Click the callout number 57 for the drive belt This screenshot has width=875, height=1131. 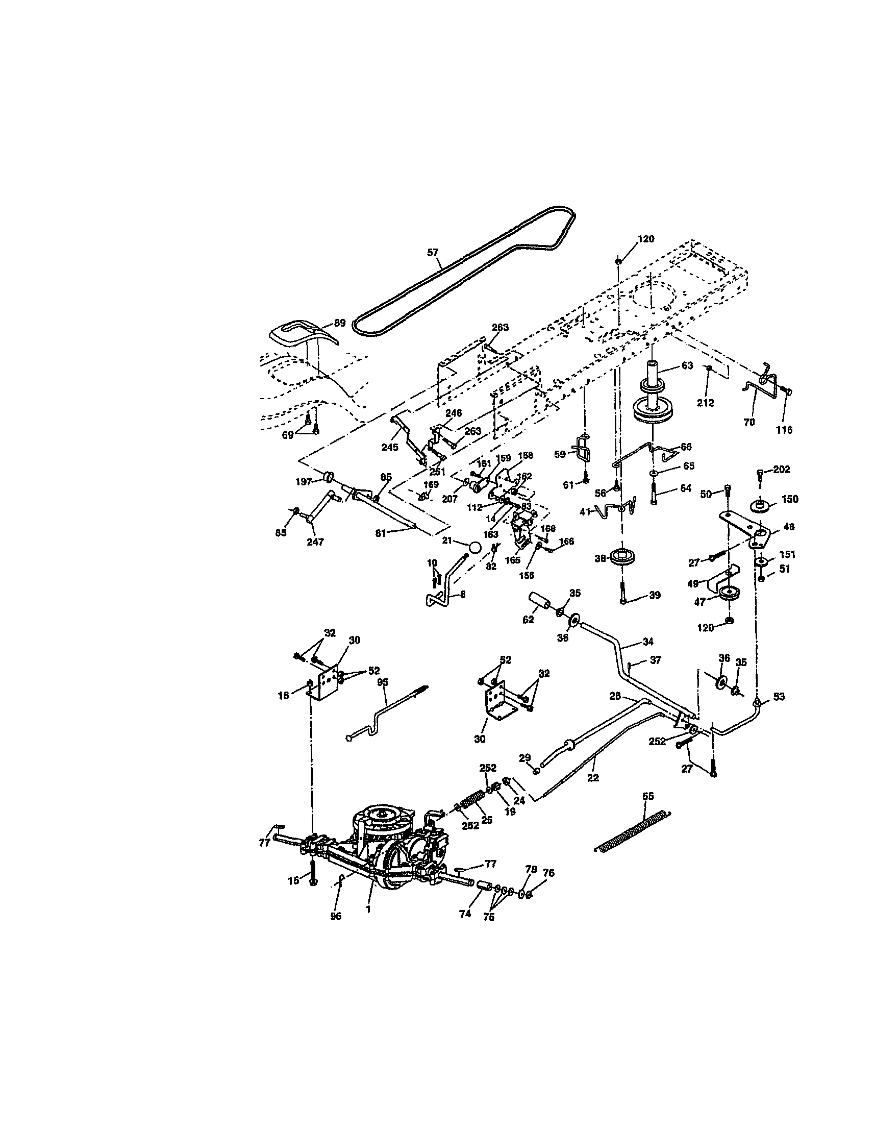(x=432, y=253)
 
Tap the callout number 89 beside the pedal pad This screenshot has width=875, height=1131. (x=339, y=323)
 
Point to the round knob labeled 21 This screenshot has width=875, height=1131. (x=476, y=547)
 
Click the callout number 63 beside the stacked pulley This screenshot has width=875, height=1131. (x=687, y=366)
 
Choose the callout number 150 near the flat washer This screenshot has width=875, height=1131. (x=790, y=499)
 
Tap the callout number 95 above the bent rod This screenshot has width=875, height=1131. (x=382, y=682)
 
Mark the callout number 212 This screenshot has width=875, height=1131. (x=705, y=403)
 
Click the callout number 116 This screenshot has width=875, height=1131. (x=784, y=429)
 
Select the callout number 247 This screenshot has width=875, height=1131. (x=315, y=542)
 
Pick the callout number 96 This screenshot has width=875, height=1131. (x=336, y=916)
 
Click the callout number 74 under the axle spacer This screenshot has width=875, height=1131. (x=464, y=914)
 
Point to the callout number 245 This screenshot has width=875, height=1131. (x=390, y=447)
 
